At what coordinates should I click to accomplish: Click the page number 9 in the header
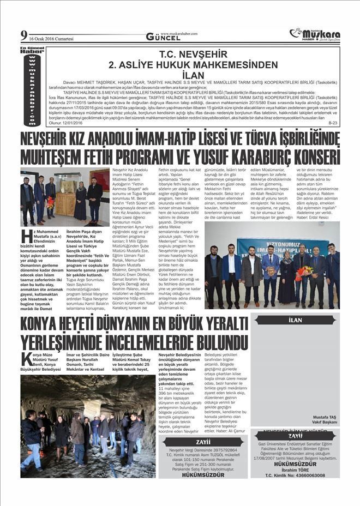(23, 35)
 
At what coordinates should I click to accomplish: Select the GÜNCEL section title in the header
(159, 37)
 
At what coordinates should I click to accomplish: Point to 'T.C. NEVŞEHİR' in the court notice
(193, 55)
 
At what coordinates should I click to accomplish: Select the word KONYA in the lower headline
(45, 326)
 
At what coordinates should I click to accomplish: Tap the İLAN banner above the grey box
(295, 320)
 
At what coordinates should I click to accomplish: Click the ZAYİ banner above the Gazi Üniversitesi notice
(295, 436)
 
